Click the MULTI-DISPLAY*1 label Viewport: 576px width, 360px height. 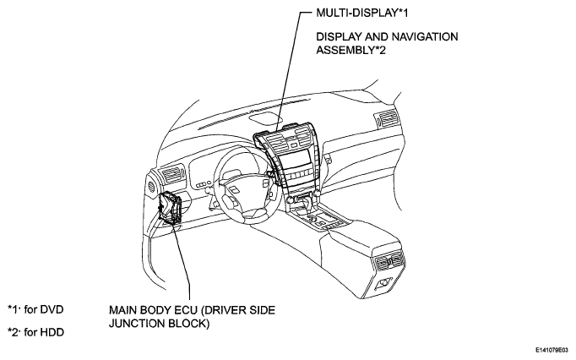[x=362, y=13]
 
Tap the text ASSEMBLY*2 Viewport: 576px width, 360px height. [x=351, y=50]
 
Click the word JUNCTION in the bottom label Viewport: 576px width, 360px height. [x=136, y=323]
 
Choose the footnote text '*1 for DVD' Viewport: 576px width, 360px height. [x=35, y=309]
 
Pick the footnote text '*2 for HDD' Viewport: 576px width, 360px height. [x=36, y=332]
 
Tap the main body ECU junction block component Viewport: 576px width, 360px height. [x=170, y=208]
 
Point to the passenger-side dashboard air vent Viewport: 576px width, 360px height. [x=386, y=118]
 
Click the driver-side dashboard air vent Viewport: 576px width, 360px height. [x=172, y=175]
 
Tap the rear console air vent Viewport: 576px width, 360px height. [x=390, y=261]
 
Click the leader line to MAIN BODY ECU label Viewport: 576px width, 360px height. [x=183, y=262]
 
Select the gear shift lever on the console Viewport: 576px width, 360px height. [x=306, y=208]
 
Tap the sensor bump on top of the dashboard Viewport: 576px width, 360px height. [x=264, y=118]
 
